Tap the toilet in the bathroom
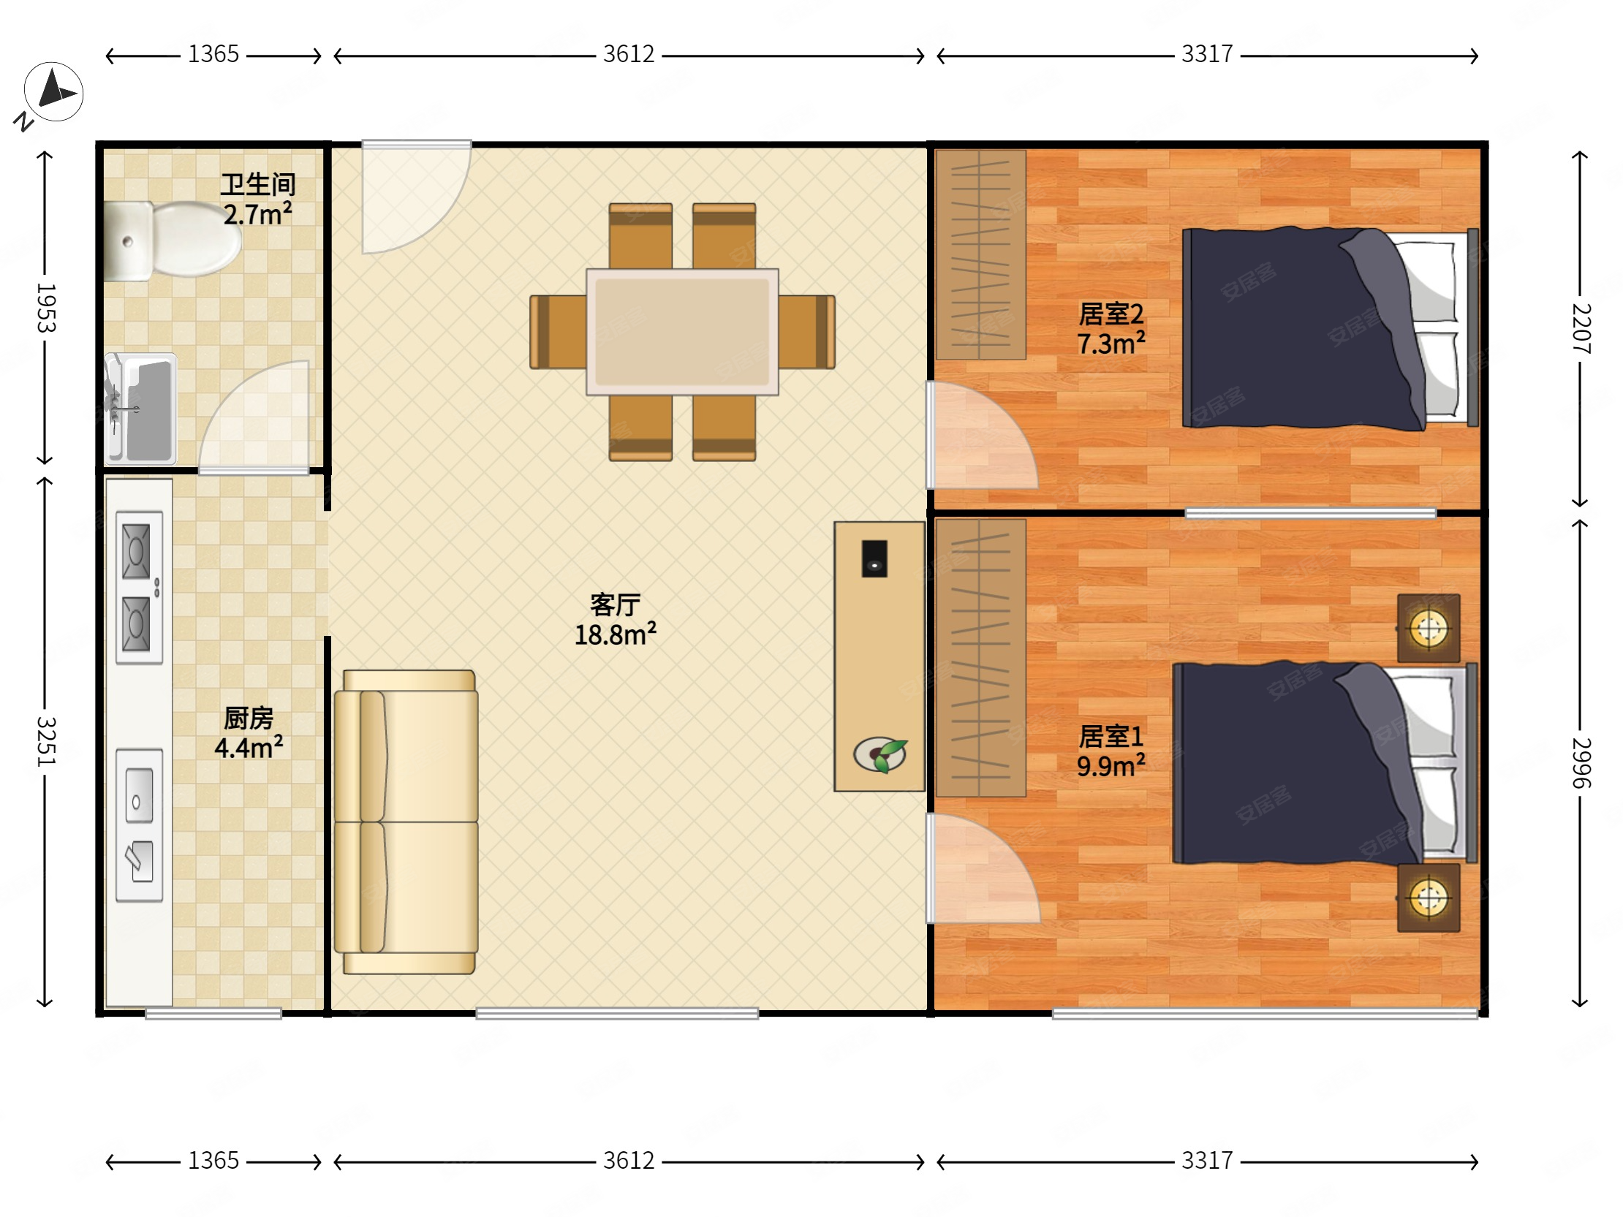click(173, 239)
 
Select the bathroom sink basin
click(140, 409)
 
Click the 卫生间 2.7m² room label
click(257, 199)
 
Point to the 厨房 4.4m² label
click(249, 733)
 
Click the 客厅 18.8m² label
click(615, 620)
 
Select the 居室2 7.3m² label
click(1111, 328)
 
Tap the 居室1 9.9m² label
click(1111, 751)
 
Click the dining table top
click(682, 332)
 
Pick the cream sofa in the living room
click(406, 822)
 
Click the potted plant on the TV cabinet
click(880, 754)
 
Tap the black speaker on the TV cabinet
click(874, 559)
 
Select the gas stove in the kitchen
click(140, 588)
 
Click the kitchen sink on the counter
click(140, 825)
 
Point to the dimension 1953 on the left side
click(45, 308)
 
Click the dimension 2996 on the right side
click(1581, 763)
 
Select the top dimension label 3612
click(629, 53)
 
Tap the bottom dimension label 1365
click(213, 1161)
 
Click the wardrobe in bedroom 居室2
click(980, 254)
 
